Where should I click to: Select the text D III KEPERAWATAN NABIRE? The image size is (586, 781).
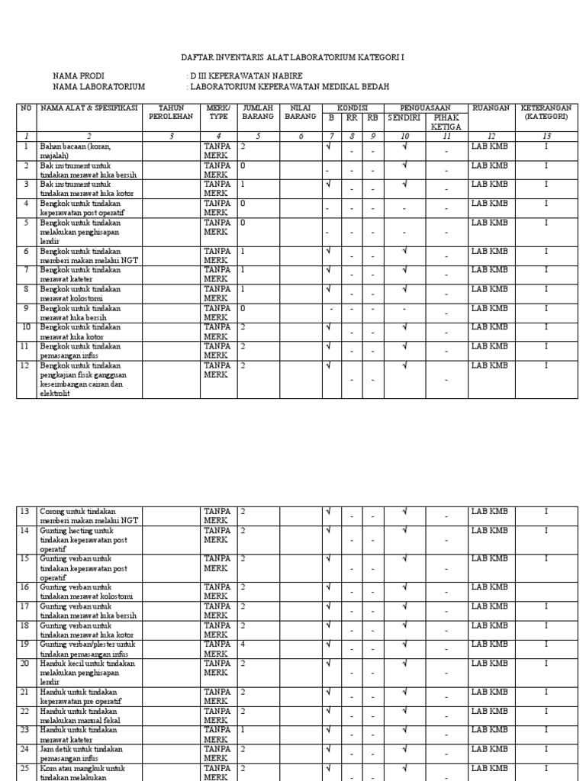(246, 76)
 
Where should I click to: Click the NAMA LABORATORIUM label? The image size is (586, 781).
(98, 87)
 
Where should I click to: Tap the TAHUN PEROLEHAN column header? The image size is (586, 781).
(172, 113)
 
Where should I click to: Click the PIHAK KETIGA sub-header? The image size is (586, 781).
(446, 122)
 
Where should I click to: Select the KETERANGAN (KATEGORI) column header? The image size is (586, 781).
(545, 113)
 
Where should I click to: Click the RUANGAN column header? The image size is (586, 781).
(491, 108)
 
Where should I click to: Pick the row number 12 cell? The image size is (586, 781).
(26, 365)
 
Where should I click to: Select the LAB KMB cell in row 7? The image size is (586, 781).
(489, 270)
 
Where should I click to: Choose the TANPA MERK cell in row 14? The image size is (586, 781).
(217, 535)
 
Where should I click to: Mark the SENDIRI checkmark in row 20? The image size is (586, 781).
(404, 664)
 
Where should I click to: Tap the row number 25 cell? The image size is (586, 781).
(26, 768)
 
